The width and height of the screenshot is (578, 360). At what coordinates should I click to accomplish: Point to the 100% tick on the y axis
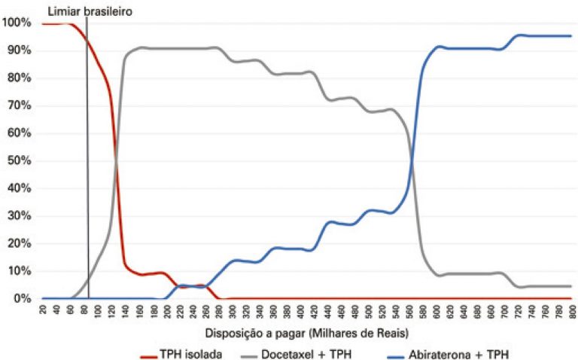(16, 23)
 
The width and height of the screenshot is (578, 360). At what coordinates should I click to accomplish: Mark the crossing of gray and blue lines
(413, 160)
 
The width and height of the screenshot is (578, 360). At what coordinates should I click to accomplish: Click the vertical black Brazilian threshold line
(87, 188)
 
